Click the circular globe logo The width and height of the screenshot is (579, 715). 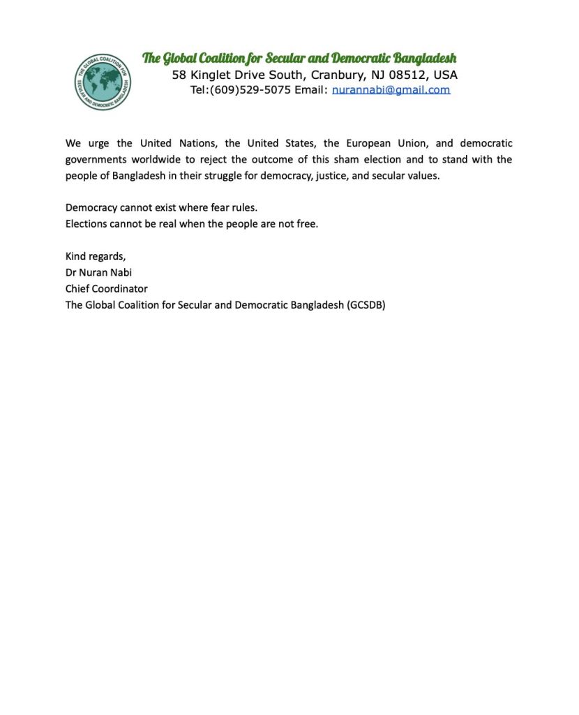tap(103, 82)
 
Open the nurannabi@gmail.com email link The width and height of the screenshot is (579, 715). tap(391, 90)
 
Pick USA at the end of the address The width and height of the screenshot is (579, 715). tap(446, 75)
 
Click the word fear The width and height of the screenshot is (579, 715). tap(223, 208)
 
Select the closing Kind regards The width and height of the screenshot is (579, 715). tap(96, 256)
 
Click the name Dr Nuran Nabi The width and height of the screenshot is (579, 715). tap(98, 272)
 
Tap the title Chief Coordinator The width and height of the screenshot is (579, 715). tap(106, 288)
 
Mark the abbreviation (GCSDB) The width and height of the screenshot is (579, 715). tap(366, 305)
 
